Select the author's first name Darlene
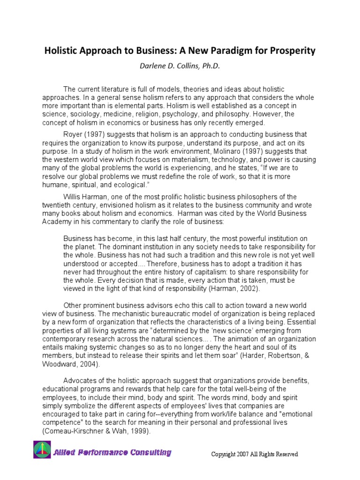pyautogui.click(x=153, y=66)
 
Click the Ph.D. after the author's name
pyautogui.click(x=210, y=66)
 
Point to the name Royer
pyautogui.click(x=74, y=135)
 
